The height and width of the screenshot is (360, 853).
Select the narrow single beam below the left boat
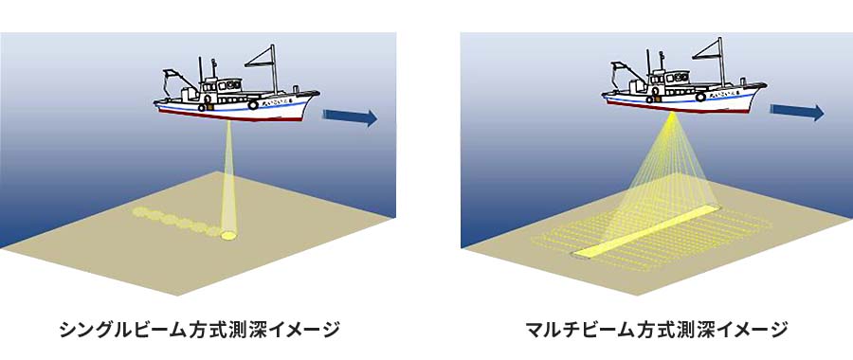[228, 175]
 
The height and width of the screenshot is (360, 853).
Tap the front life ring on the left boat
[253, 104]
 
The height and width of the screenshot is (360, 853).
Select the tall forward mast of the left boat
[273, 68]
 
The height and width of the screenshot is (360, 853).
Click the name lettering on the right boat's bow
[733, 95]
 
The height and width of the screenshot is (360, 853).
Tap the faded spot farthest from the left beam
[141, 211]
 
